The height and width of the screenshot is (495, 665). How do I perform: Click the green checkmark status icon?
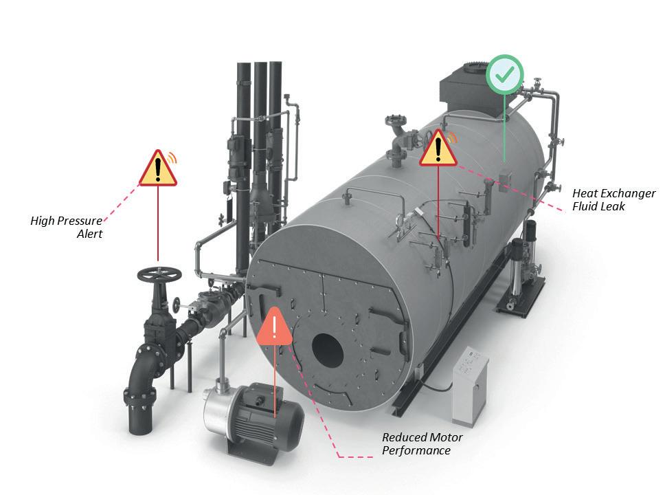[x=505, y=75]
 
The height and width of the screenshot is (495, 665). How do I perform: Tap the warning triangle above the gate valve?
[x=158, y=169]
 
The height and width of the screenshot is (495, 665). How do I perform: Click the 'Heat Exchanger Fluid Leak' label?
[x=613, y=199]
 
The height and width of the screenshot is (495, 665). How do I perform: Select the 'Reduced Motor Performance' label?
[x=422, y=444]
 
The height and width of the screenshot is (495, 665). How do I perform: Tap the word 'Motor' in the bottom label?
[x=445, y=438]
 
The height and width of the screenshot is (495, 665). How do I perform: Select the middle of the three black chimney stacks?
[x=260, y=137]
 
